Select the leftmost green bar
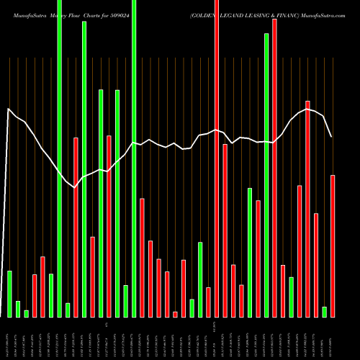(9, 294)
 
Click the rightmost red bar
(333, 246)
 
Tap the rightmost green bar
(324, 312)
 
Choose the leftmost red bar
(35, 295)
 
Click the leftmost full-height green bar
(59, 158)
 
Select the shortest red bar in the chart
(175, 314)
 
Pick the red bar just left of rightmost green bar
(316, 265)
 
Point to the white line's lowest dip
(74, 187)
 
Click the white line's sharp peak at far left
(8, 109)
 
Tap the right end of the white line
(332, 136)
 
